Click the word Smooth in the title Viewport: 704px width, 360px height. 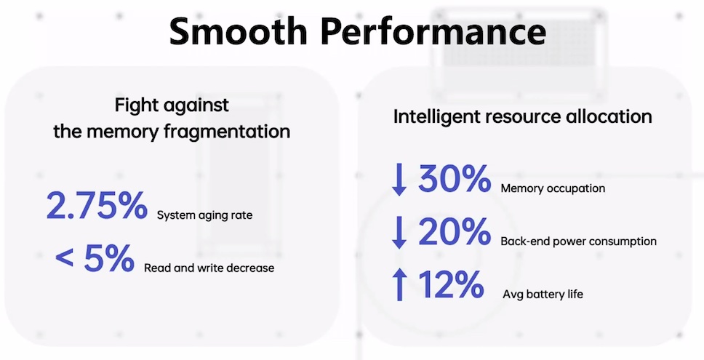(238, 31)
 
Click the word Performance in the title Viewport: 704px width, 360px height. (434, 31)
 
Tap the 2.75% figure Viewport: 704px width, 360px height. (97, 205)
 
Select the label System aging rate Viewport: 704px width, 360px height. (205, 215)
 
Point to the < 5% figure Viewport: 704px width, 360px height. (95, 258)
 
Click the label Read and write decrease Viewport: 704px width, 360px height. (209, 268)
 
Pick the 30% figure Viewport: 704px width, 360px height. (455, 178)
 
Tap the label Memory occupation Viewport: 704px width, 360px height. (553, 188)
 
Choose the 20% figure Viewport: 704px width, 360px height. (455, 231)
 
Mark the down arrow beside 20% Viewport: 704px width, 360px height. (399, 233)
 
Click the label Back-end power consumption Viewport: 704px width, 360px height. (579, 241)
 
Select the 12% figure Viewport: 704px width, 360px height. (451, 284)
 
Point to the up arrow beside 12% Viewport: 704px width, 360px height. (399, 284)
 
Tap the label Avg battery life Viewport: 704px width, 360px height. (543, 295)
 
